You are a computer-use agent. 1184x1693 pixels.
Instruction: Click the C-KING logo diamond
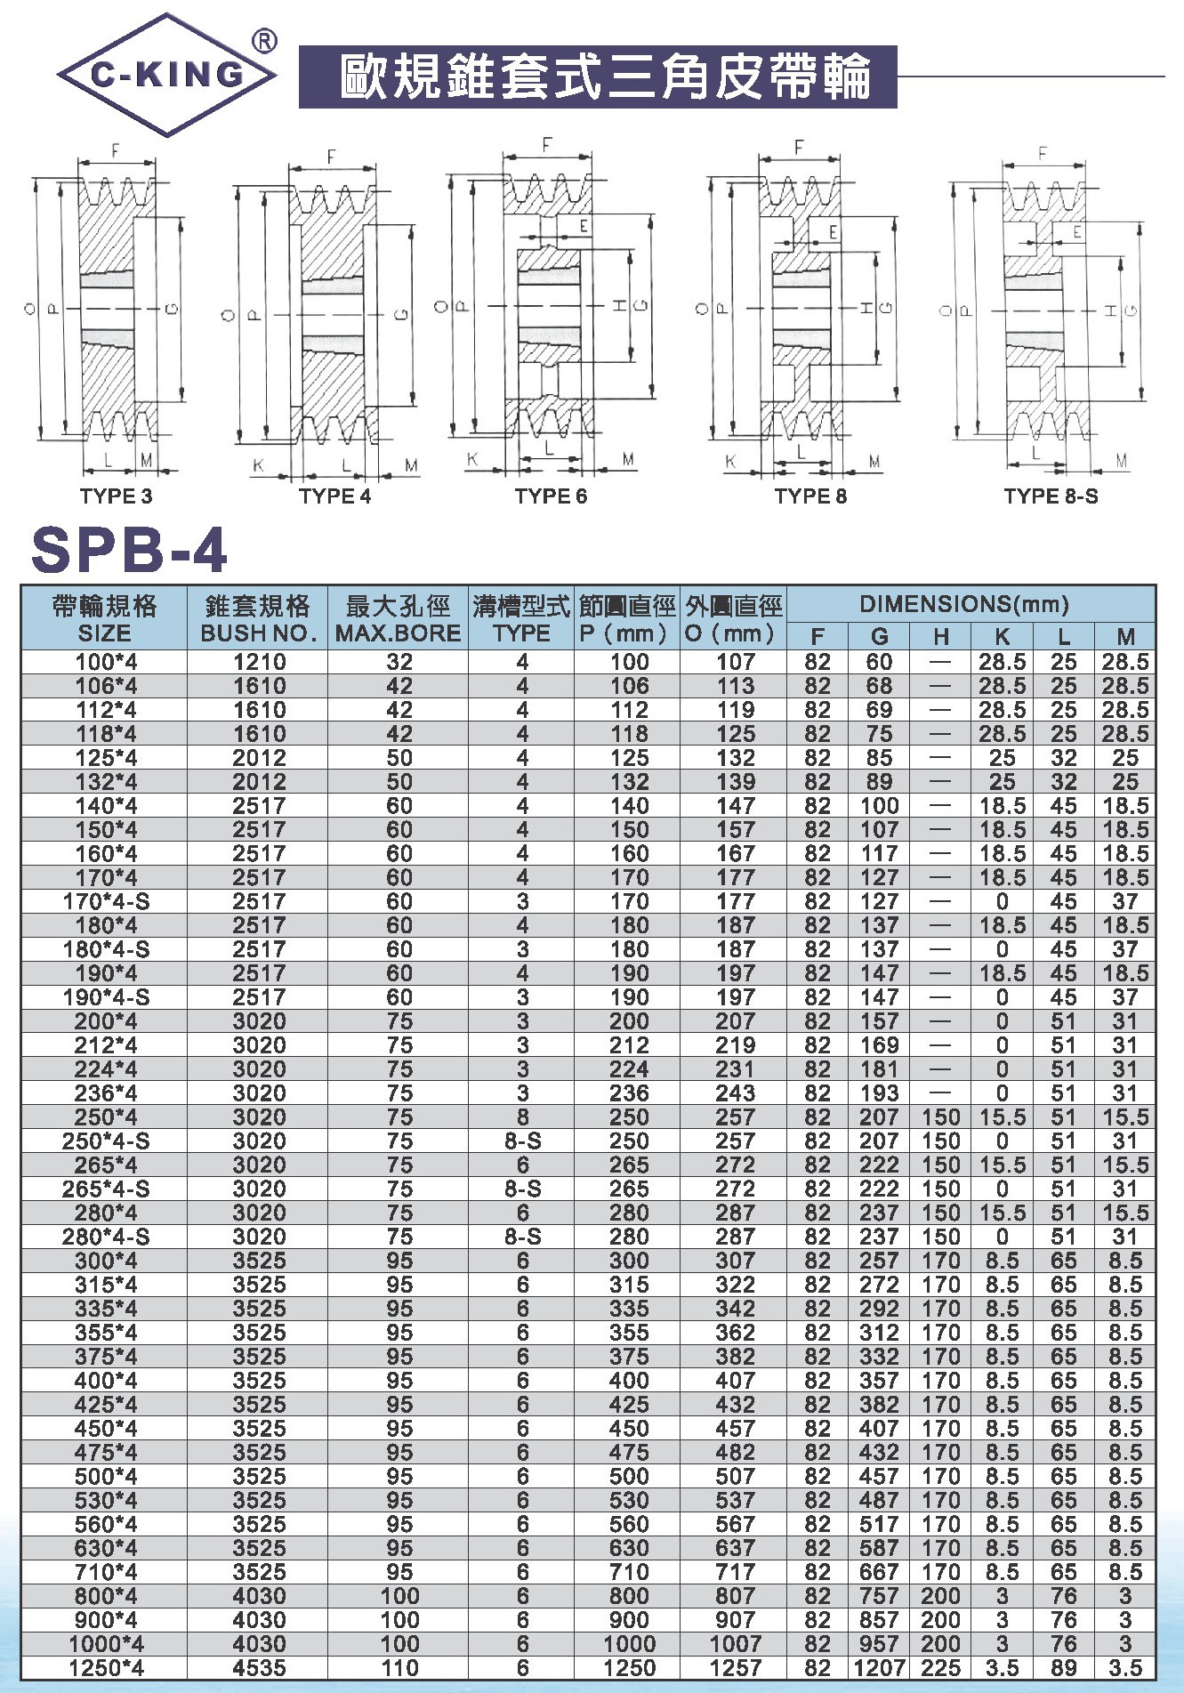166,75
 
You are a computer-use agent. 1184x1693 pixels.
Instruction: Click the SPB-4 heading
130,550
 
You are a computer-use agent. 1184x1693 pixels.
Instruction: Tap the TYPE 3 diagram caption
116,496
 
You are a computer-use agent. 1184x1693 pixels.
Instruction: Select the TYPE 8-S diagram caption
1051,496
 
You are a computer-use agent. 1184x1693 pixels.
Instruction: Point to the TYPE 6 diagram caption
551,496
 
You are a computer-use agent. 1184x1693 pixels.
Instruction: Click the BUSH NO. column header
257,620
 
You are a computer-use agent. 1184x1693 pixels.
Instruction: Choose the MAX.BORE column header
398,620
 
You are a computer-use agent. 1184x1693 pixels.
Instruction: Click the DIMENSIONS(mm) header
970,605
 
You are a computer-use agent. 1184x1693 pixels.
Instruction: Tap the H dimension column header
941,636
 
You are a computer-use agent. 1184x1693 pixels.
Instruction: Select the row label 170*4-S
106,901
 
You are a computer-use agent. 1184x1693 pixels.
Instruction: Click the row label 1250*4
106,1668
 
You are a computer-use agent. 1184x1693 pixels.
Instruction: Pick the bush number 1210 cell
259,662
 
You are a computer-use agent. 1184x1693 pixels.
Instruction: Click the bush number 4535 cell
259,1668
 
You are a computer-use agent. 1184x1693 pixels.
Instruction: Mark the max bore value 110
399,1668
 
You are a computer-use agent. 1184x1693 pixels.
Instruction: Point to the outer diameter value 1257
735,1668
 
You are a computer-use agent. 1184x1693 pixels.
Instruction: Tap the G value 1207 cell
879,1668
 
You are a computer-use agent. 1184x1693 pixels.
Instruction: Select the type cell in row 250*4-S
522,1141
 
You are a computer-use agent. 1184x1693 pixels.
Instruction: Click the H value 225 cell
941,1668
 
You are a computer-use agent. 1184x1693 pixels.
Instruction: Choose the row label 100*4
106,662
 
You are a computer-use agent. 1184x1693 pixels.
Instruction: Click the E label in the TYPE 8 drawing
834,232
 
